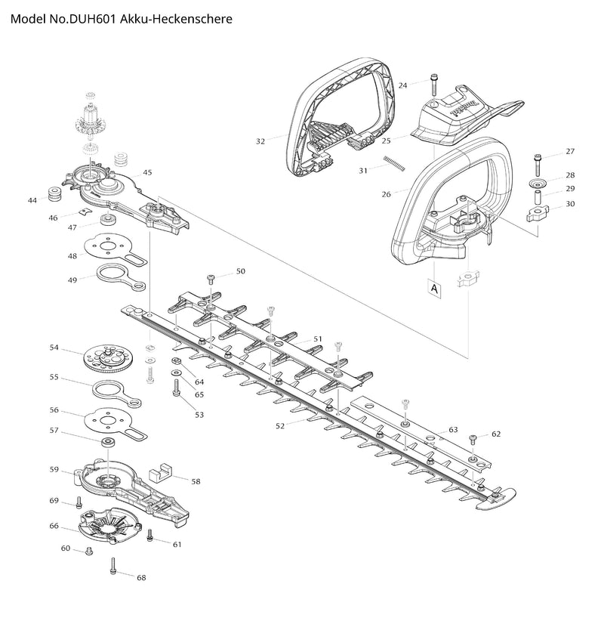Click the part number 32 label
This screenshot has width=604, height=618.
[260, 141]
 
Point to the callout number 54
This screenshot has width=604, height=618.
[54, 348]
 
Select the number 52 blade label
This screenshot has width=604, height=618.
[280, 426]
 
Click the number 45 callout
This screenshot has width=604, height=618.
[148, 172]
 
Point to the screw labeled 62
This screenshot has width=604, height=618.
[472, 438]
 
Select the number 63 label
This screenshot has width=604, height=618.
[453, 430]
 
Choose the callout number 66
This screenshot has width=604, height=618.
[54, 526]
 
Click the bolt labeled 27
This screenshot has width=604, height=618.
[537, 160]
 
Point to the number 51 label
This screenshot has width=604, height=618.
[318, 339]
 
